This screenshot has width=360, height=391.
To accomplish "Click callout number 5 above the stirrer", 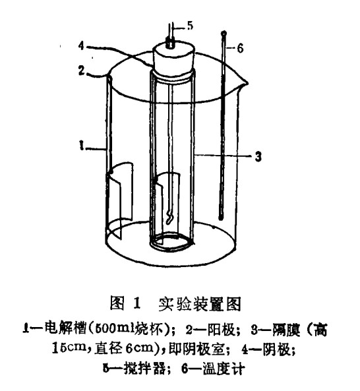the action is tap(190, 26).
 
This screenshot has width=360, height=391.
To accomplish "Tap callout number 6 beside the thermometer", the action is tap(240, 48).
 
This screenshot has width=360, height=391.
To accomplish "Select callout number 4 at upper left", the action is tap(82, 45).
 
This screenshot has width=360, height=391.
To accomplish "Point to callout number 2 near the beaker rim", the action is tap(82, 71).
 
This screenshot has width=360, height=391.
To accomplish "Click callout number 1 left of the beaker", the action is tap(81, 145).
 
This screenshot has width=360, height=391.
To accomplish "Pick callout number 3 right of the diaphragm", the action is tap(258, 157).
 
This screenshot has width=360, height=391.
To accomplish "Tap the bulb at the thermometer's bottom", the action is tap(220, 218).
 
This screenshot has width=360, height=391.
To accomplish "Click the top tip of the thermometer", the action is tap(224, 32).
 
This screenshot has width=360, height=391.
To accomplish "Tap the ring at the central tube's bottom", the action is tap(171, 243).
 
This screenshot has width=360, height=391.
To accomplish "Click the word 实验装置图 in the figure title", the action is tap(200, 304).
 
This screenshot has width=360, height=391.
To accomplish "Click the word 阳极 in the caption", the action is tap(222, 330).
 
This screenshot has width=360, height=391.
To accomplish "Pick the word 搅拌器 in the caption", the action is tap(144, 369).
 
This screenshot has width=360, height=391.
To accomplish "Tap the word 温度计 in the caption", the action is tap(224, 369).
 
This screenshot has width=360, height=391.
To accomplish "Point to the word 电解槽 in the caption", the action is tap(65, 329).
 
